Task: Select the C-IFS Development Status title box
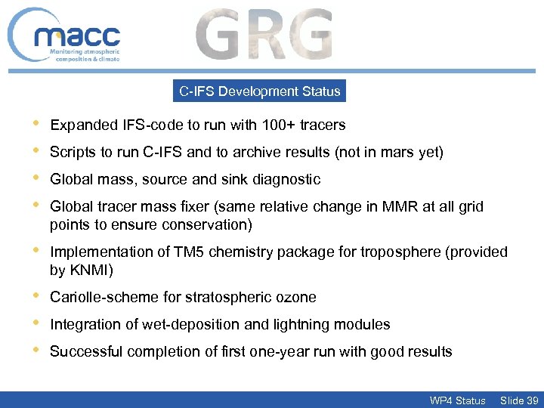tap(259, 91)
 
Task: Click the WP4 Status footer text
tap(457, 400)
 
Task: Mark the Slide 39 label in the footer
tap(519, 400)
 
